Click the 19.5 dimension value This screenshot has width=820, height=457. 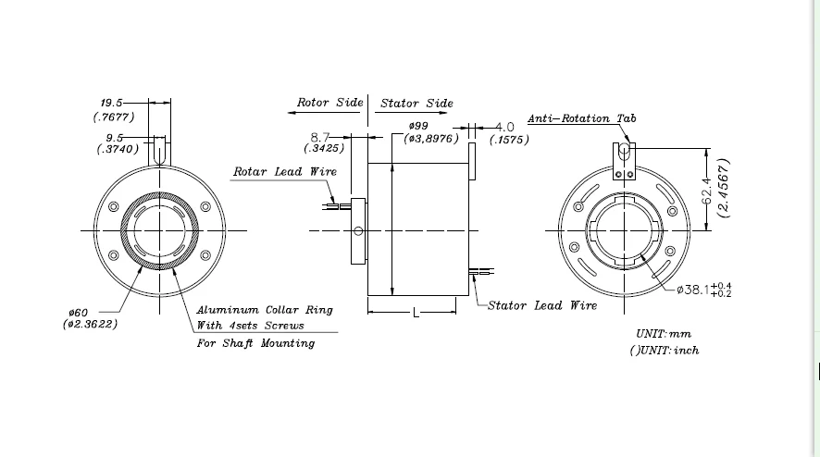click(x=111, y=103)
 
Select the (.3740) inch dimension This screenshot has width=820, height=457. click(x=118, y=149)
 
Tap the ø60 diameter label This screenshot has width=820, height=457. click(x=78, y=313)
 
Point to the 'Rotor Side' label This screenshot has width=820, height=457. click(x=330, y=103)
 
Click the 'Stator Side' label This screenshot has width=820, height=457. click(x=416, y=103)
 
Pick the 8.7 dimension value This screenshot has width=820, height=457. click(x=320, y=137)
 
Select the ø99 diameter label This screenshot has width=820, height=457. click(x=418, y=126)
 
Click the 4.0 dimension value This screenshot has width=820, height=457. click(x=504, y=127)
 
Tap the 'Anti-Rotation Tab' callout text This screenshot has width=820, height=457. click(x=582, y=118)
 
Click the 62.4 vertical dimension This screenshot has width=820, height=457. click(x=706, y=191)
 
